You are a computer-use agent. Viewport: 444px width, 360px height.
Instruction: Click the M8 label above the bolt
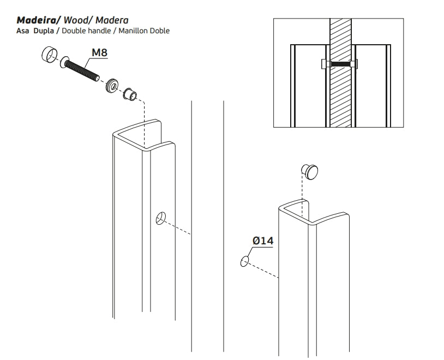(99, 53)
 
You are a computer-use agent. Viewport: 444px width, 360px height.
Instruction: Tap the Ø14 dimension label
(262, 241)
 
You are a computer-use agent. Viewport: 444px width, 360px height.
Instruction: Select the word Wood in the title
(77, 20)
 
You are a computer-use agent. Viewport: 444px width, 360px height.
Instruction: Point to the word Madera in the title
(112, 20)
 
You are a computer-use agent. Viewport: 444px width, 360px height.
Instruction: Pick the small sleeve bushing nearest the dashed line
(130, 94)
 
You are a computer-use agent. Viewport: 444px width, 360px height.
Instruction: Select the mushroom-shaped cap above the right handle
(311, 172)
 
